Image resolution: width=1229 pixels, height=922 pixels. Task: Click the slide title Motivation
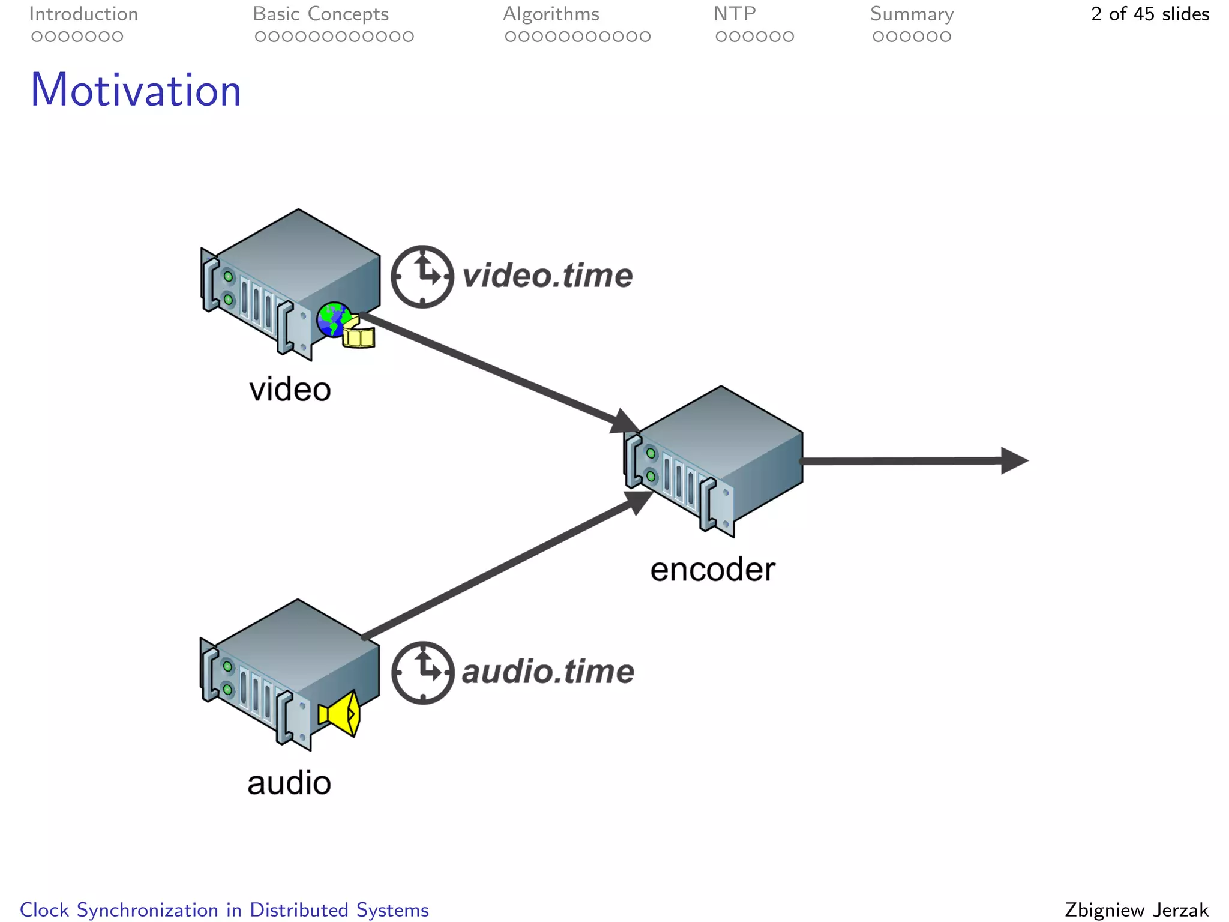point(136,90)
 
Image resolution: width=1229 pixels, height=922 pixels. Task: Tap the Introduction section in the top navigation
point(83,14)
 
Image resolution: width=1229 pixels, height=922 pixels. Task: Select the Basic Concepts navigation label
point(320,14)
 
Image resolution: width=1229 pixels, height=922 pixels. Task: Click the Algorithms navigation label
point(551,14)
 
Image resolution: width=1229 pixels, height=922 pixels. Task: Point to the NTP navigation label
point(735,14)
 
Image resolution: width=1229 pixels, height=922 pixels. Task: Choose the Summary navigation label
point(912,14)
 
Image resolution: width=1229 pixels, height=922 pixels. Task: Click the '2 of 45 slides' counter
point(1150,14)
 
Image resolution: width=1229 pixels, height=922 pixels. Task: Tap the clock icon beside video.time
point(422,277)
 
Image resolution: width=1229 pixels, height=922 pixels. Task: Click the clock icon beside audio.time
point(423,673)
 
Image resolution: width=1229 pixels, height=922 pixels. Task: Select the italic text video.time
point(547,276)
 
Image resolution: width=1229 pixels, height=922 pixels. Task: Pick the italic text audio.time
point(548,672)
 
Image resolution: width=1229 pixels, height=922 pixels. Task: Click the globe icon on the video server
point(332,319)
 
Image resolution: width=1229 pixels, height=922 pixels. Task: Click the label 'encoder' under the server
point(712,570)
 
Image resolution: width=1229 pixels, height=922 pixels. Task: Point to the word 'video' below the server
point(290,390)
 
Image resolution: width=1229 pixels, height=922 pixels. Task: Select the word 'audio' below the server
point(289,783)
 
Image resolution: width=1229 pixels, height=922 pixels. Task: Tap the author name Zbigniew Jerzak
point(1136,910)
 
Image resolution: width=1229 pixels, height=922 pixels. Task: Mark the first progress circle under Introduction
point(37,37)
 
